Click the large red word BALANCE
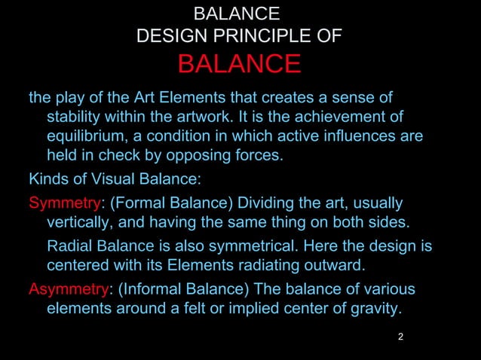click(239, 64)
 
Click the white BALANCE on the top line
click(237, 14)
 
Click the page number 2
click(400, 336)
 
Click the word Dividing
click(258, 203)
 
